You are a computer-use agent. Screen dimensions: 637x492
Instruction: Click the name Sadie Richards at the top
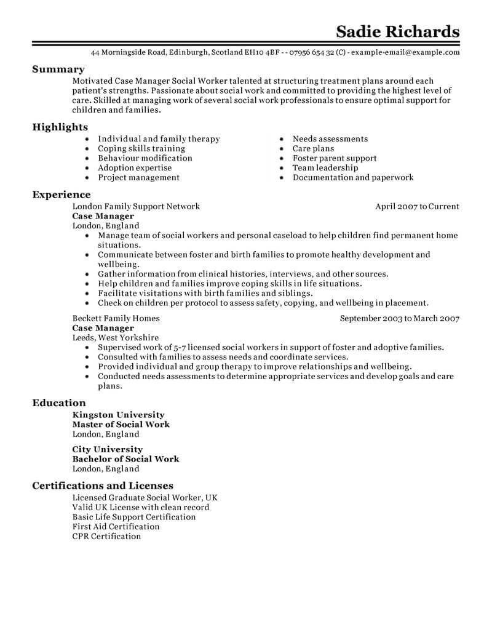click(x=397, y=31)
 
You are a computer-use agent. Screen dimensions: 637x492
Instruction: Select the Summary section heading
click(x=58, y=70)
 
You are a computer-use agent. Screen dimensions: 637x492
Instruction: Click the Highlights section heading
click(x=60, y=127)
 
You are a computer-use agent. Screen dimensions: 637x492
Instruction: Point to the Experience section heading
click(x=61, y=195)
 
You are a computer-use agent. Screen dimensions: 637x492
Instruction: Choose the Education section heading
click(x=59, y=403)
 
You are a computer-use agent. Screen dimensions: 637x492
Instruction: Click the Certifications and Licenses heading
click(x=102, y=486)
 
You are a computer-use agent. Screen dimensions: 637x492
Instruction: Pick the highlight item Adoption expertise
click(x=135, y=168)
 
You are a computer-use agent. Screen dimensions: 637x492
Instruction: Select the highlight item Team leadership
click(x=325, y=168)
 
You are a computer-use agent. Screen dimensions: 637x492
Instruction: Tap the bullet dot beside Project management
click(x=87, y=178)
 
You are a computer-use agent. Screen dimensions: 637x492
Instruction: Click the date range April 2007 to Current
click(x=417, y=207)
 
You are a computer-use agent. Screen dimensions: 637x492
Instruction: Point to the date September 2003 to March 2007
click(x=400, y=319)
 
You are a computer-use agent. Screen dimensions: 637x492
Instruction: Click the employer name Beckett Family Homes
click(x=116, y=319)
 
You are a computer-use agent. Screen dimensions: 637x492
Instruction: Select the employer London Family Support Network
click(x=136, y=207)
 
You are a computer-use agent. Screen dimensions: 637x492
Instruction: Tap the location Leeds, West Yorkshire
click(x=115, y=338)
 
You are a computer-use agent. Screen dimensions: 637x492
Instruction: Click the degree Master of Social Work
click(x=121, y=425)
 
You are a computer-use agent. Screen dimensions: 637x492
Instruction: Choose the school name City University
click(x=107, y=449)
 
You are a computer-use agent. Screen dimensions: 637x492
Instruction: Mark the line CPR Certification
click(x=106, y=536)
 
